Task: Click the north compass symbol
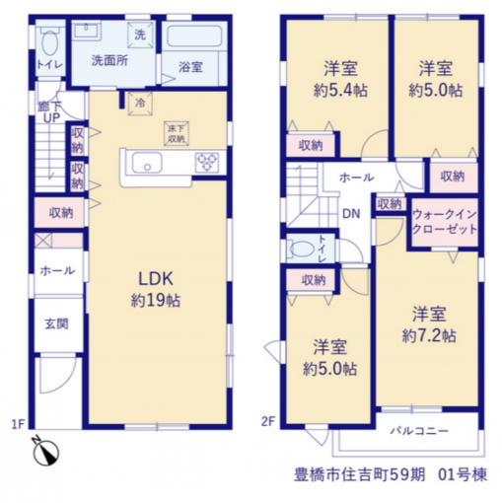click(45, 451)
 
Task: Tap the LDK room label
click(156, 279)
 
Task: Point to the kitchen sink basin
click(147, 163)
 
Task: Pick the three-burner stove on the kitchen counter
click(207, 162)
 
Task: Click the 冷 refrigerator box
click(140, 104)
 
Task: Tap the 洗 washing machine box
click(140, 35)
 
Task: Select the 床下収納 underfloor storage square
click(177, 133)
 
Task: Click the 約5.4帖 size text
click(340, 91)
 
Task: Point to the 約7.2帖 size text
click(429, 336)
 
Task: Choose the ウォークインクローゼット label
click(445, 222)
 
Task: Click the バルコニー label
click(419, 431)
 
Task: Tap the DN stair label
click(351, 214)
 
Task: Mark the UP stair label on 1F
click(51, 117)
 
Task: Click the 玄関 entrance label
click(56, 324)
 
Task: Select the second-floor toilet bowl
click(302, 250)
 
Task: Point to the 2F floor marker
click(268, 421)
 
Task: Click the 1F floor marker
click(18, 424)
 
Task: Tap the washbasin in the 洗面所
click(86, 32)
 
